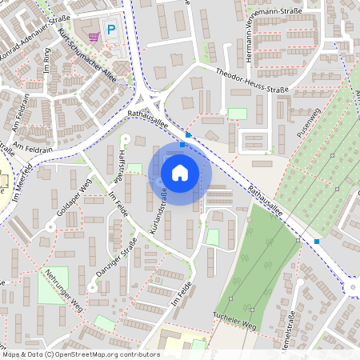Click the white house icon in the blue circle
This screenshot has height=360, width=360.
pos(180,172)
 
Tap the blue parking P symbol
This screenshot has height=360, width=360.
pos(112,30)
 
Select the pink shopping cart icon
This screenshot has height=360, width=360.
pos(94,35)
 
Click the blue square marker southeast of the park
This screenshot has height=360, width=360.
pos(317,241)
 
